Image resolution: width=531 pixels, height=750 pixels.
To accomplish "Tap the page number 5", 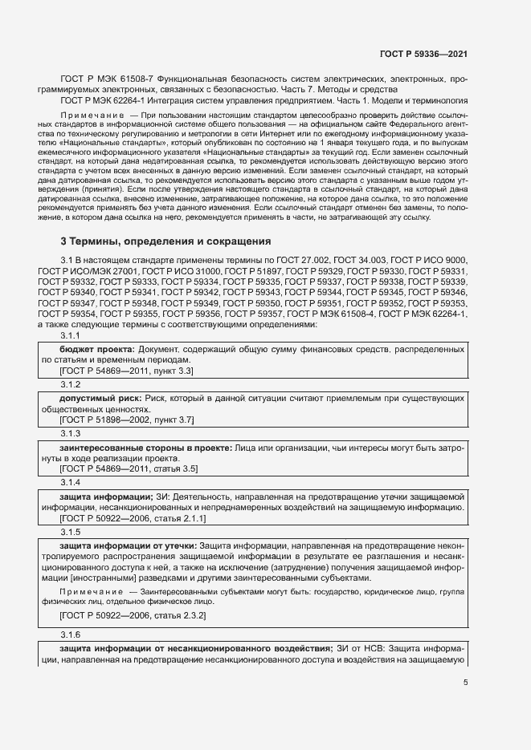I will pos(466,683).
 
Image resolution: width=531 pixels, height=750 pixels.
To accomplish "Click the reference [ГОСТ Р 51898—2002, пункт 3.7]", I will pos(127,420).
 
